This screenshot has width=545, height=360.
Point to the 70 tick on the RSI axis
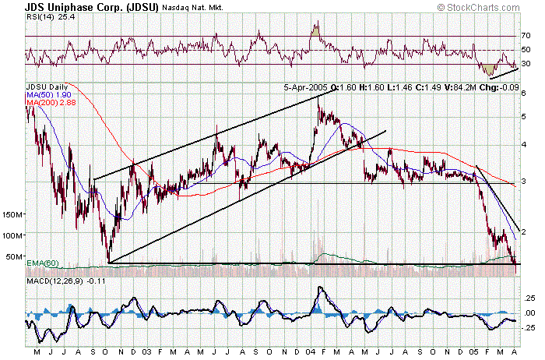(x=526, y=36)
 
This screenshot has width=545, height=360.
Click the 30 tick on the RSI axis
(x=526, y=64)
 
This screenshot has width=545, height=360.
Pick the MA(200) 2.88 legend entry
(x=47, y=103)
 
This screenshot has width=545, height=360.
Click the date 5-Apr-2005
(x=305, y=87)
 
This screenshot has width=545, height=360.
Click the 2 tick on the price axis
(x=524, y=231)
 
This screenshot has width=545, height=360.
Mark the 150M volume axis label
(x=14, y=214)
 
